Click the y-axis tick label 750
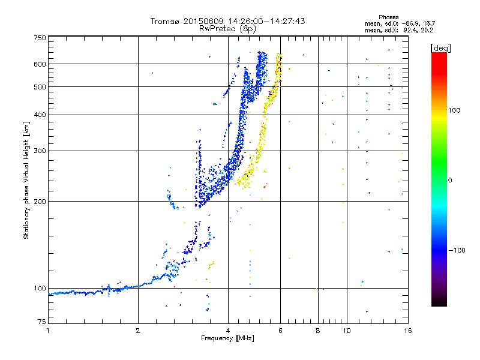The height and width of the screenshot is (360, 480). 40,38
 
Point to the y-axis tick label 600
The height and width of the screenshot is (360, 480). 40,64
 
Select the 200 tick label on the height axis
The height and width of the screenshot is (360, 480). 40,202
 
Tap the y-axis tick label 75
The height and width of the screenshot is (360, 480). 42,322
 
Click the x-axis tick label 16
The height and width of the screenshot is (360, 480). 407,331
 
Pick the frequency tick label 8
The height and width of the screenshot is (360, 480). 318,331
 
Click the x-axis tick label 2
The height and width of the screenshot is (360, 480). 138,331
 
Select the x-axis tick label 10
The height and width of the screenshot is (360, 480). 347,331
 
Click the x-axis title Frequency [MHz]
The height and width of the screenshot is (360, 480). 227,338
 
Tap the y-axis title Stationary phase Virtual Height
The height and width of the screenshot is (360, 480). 26,181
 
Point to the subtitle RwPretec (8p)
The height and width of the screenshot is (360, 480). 227,29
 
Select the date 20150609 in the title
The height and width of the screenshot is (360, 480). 203,21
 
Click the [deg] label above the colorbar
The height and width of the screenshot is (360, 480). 440,49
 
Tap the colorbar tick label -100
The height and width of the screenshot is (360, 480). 457,250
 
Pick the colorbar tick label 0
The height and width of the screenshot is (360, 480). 450,181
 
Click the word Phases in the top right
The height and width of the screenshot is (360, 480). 388,17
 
